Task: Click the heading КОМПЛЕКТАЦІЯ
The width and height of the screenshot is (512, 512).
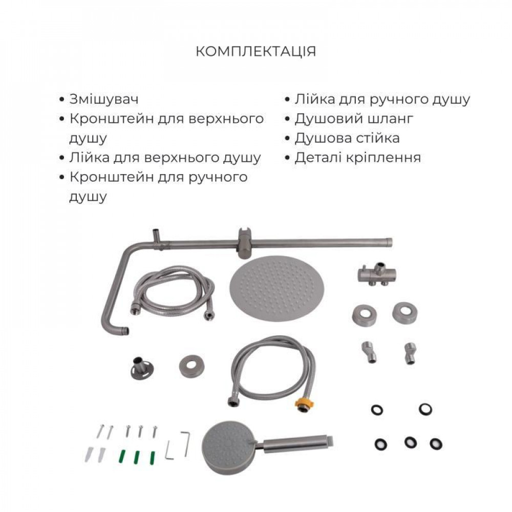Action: pos(256,52)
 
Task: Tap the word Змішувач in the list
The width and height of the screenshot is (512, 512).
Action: pos(104,99)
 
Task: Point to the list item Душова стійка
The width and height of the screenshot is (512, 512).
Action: pos(347,138)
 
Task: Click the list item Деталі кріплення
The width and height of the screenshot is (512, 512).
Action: pos(357,158)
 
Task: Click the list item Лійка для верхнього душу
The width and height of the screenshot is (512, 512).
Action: pos(165,158)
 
